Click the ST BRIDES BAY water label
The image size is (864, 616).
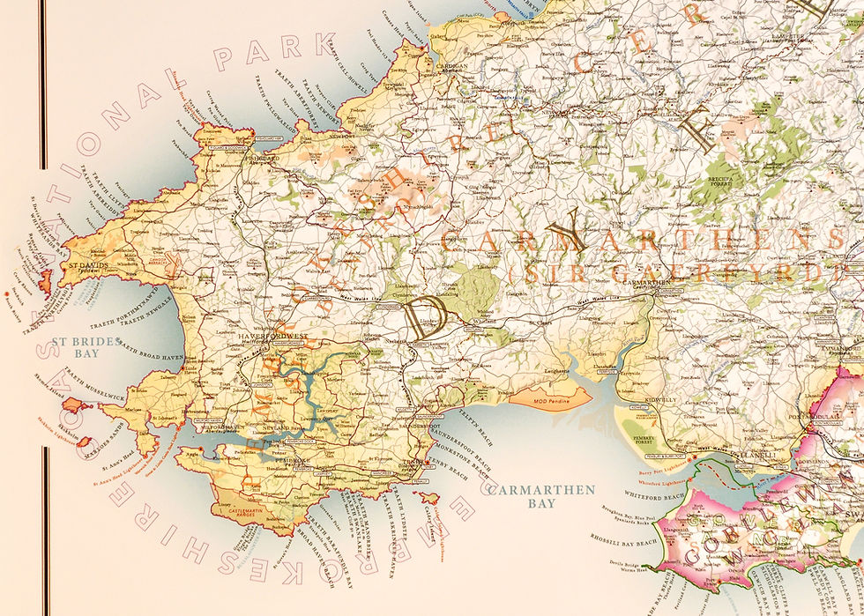73,345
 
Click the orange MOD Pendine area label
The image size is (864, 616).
554,401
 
